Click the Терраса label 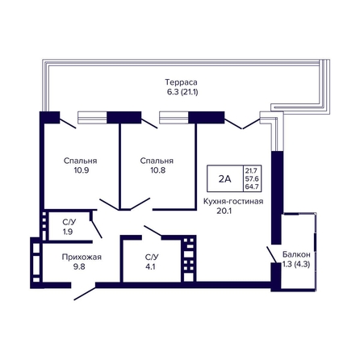coord(181,82)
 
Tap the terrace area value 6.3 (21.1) coord(182,92)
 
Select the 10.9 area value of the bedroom coord(82,170)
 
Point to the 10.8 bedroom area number coord(158,170)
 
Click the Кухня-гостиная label coord(233,201)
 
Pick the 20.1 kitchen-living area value coord(224,211)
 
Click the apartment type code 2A coord(224,178)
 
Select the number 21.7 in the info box coord(251,170)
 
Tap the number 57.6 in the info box coord(252,178)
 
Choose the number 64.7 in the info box coord(252,186)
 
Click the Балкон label coord(296,254)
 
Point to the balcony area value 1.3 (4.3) coord(296,264)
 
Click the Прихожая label coord(82,257)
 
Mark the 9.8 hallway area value coord(79,266)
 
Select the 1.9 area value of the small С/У coord(68,232)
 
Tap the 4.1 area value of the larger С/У coord(150,266)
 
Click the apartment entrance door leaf coord(85,293)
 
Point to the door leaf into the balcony coord(271,254)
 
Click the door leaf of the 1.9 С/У coord(97,229)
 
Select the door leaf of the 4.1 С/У coord(153,231)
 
